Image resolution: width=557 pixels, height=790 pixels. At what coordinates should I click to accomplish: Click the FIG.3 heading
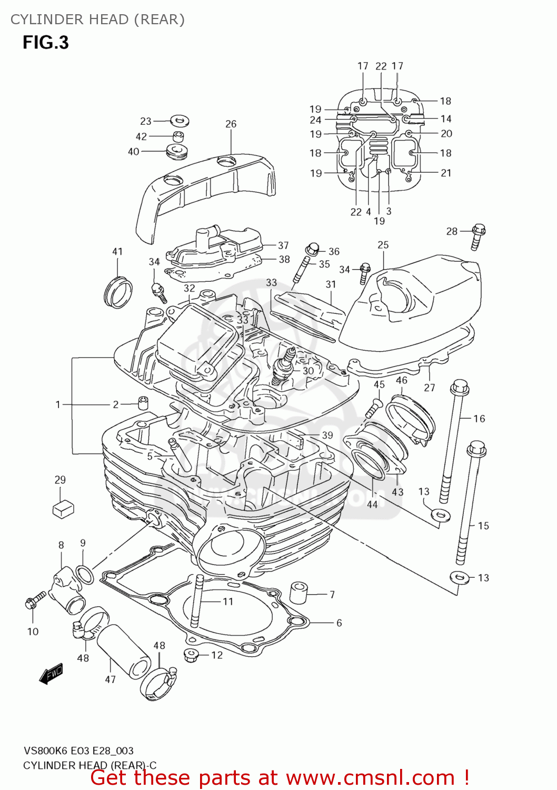(x=45, y=42)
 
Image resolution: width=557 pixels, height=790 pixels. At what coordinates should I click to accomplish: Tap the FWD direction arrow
(x=52, y=673)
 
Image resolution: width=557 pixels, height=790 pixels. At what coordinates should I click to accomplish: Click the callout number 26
(x=231, y=124)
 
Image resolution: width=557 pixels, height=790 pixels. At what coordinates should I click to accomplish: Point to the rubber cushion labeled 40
(x=177, y=152)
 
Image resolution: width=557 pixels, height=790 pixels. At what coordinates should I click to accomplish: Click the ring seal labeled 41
(x=118, y=291)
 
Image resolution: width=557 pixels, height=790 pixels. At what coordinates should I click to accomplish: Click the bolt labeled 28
(x=478, y=238)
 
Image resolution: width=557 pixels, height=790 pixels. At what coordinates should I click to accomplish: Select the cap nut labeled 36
(x=311, y=248)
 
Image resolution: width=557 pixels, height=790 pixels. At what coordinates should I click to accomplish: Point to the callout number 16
(x=479, y=419)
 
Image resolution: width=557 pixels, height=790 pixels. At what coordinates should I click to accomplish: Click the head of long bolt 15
(x=476, y=449)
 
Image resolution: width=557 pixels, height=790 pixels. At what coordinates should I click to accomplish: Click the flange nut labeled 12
(x=191, y=655)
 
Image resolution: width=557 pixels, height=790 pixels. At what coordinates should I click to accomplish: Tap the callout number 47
(x=110, y=679)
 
